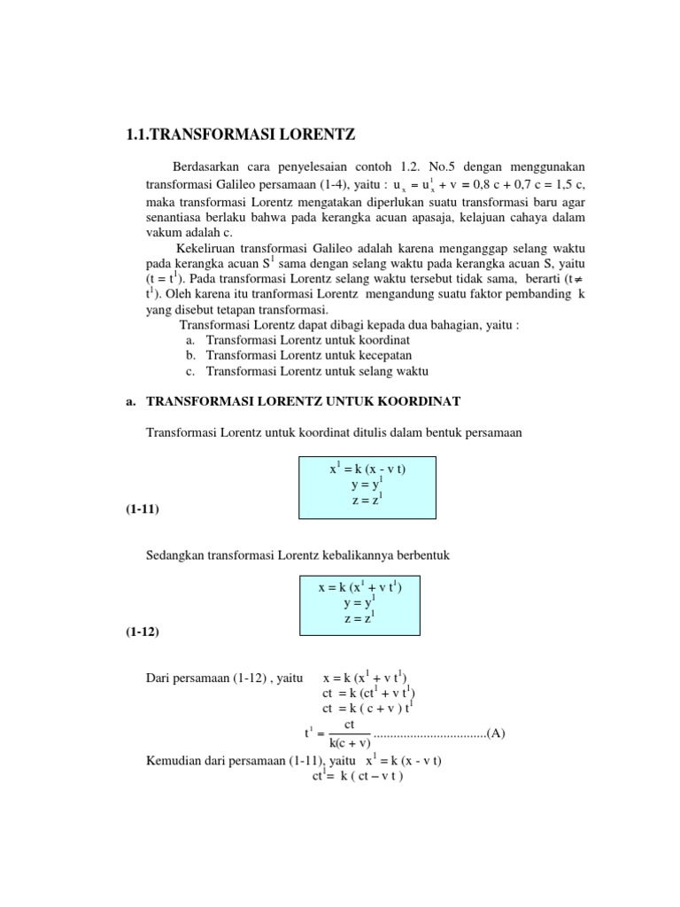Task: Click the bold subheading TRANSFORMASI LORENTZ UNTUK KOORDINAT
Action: [x=303, y=401]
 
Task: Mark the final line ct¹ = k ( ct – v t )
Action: [x=358, y=777]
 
